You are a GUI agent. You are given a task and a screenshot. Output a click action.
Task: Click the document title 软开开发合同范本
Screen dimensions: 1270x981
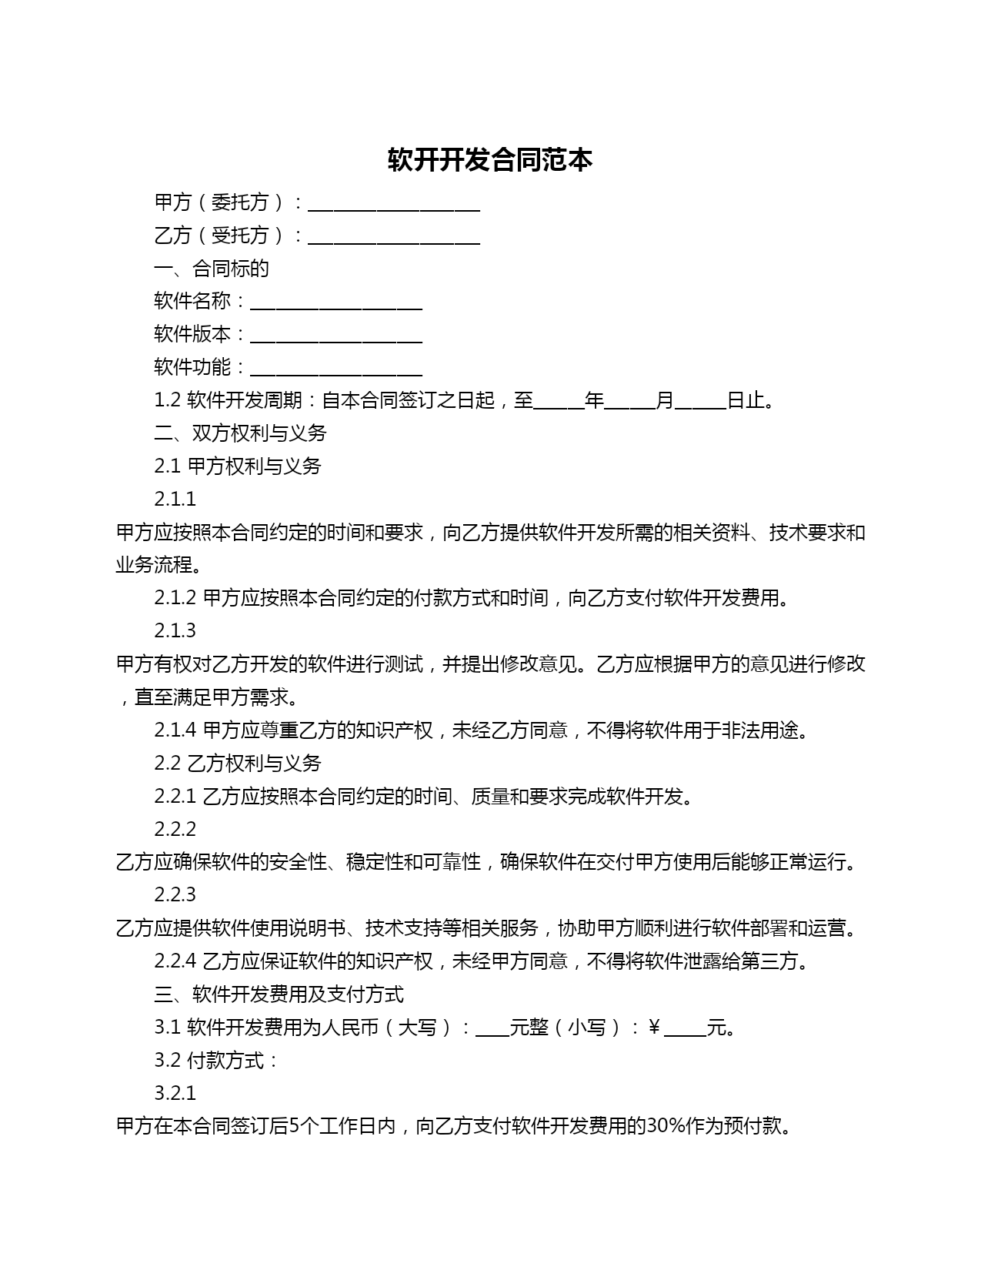[490, 160]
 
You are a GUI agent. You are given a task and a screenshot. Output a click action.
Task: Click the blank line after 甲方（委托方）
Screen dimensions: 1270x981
[394, 204]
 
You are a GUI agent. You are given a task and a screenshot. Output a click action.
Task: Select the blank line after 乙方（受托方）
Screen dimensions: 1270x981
[394, 237]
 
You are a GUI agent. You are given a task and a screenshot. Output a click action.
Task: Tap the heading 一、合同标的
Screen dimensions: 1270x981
[212, 269]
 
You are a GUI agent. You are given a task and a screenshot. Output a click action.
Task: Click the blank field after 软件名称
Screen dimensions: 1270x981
[336, 302]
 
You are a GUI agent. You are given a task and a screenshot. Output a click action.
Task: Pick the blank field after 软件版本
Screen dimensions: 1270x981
[336, 336]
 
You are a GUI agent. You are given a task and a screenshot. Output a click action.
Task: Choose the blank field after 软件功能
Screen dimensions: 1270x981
[336, 369]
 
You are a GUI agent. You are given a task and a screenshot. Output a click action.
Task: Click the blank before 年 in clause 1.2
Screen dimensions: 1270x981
[559, 402]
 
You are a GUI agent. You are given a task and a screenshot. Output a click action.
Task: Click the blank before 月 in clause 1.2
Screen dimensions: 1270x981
[630, 402]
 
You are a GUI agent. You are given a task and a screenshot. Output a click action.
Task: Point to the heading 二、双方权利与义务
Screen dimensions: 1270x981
[240, 433]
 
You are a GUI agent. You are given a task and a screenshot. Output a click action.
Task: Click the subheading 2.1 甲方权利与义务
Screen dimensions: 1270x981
[238, 466]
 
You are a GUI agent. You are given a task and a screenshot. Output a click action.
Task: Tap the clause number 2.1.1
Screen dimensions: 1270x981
[175, 500]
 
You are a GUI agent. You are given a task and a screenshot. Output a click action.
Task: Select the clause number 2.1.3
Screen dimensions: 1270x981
[175, 631]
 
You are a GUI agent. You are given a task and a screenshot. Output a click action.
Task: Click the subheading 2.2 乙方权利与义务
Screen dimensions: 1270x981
[238, 764]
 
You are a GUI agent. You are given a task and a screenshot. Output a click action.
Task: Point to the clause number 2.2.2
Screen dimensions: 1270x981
[175, 830]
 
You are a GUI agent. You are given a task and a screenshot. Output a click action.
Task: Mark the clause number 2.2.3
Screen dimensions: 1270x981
[175, 895]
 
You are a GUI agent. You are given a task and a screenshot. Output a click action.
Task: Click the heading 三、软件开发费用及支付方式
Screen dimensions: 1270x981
[279, 994]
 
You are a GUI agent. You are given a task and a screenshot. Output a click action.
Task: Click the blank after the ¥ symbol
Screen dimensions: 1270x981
[685, 1029]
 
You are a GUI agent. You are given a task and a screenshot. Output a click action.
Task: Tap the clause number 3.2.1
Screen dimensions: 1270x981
[175, 1094]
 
